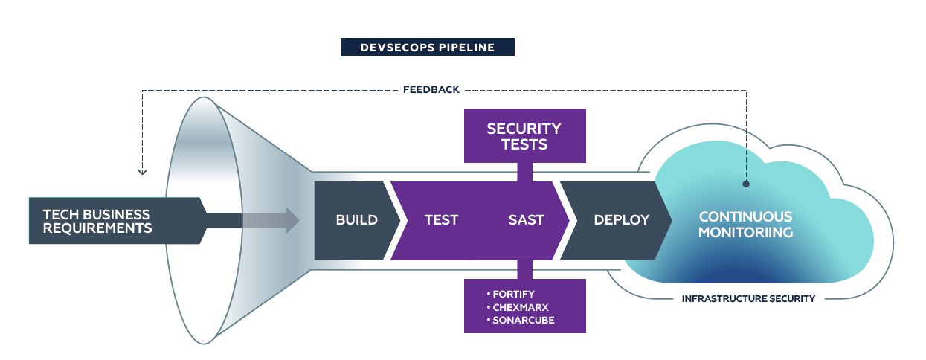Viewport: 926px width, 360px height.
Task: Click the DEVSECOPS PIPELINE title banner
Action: (427, 48)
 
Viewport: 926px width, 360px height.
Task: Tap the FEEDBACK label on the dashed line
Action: (431, 89)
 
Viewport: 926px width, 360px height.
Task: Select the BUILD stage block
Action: (356, 220)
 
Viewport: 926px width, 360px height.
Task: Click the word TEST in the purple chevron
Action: (441, 220)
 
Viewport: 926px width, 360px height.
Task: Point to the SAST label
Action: (526, 220)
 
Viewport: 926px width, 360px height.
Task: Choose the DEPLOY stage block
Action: (621, 220)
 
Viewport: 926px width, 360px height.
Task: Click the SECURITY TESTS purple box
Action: (524, 135)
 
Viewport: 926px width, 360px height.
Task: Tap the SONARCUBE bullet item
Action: (524, 320)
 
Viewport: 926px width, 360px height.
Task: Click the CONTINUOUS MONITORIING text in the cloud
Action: (745, 225)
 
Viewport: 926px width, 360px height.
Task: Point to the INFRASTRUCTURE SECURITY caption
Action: (748, 299)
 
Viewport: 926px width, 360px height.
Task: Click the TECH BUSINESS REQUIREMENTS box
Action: (112, 221)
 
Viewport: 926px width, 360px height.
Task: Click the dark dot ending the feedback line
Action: (746, 182)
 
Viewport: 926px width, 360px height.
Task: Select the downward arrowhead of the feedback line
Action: (142, 172)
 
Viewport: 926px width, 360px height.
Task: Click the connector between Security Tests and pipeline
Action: (524, 172)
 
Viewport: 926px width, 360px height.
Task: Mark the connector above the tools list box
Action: (524, 269)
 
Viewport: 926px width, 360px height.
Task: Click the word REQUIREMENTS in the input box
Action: (97, 228)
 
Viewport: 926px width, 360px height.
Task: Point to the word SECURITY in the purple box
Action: (524, 129)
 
